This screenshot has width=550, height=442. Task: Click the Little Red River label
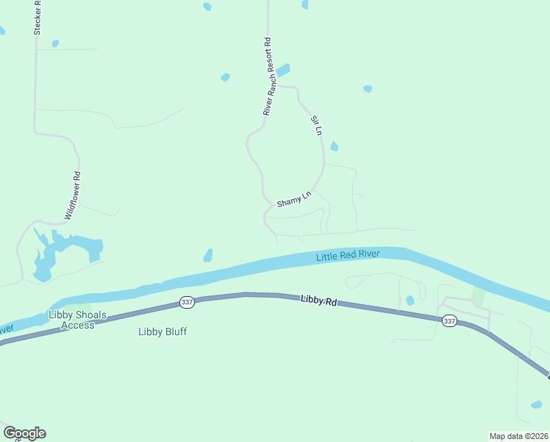tap(348, 256)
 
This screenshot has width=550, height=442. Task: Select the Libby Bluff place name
tap(162, 331)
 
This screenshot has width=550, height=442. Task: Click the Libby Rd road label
tap(318, 301)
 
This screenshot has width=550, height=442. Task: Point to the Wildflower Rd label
tap(72, 196)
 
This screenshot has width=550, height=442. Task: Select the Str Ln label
tap(316, 125)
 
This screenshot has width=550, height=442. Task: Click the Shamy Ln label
tap(294, 199)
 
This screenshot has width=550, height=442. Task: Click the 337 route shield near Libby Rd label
tap(187, 303)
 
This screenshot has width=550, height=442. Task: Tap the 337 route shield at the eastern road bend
tap(449, 320)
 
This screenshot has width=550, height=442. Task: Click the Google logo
tap(24, 433)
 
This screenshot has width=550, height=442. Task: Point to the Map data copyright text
tap(518, 435)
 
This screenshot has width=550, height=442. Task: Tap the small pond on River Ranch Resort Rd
tap(282, 70)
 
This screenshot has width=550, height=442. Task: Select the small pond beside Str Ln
tap(334, 146)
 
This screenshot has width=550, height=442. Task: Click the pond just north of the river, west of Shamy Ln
tap(208, 255)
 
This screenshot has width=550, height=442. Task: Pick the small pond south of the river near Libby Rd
tap(410, 300)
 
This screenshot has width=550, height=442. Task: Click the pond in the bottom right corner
tap(537, 404)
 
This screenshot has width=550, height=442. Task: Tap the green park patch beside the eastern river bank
tap(479, 296)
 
